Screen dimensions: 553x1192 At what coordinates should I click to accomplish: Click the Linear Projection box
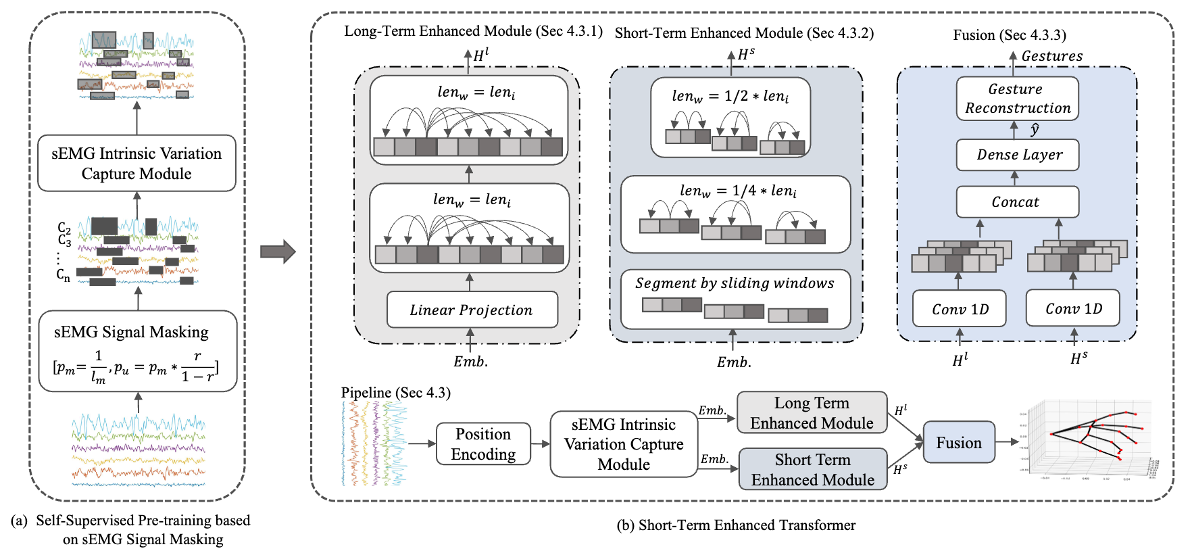click(472, 310)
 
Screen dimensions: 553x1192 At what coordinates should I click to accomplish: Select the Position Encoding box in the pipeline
click(483, 444)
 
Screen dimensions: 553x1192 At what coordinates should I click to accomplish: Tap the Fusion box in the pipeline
click(958, 443)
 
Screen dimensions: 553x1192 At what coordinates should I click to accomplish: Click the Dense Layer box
click(1017, 155)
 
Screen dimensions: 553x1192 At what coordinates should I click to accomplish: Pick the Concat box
click(1017, 202)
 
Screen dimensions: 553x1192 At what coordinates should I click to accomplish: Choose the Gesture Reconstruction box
click(1017, 99)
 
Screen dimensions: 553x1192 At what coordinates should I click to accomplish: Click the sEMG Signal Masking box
click(138, 351)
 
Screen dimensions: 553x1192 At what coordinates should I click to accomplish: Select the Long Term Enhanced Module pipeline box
click(812, 412)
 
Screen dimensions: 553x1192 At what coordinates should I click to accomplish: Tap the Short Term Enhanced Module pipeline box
click(812, 469)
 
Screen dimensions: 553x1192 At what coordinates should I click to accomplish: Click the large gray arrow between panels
click(278, 252)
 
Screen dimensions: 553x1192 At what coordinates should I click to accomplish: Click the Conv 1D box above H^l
click(960, 309)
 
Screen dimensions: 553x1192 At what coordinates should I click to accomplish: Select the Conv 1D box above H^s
click(1073, 308)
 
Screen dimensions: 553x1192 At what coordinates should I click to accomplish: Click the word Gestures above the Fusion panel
click(1051, 56)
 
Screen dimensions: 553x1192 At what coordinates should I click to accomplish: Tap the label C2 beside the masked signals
click(64, 228)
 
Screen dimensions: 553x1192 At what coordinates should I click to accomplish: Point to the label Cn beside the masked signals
click(63, 274)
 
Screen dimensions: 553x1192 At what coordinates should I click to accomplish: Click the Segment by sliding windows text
click(735, 283)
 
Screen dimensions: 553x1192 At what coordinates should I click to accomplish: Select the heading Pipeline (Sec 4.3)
click(395, 393)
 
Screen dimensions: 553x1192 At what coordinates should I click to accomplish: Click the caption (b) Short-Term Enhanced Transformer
click(736, 525)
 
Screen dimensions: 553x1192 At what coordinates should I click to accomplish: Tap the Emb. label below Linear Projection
click(470, 362)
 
